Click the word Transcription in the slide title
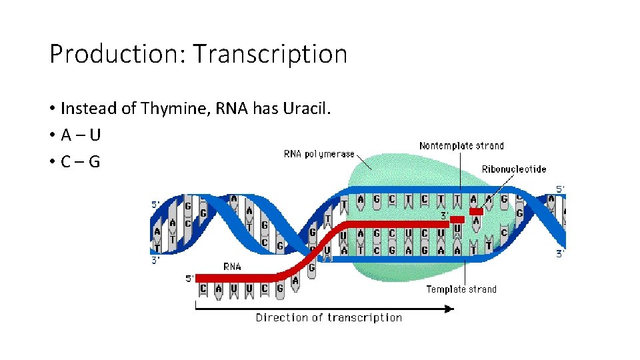[270, 54]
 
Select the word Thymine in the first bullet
[175, 108]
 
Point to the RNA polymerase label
[319, 154]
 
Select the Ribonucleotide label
[514, 169]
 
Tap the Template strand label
[461, 289]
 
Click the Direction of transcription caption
[329, 318]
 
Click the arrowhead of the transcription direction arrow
[449, 308]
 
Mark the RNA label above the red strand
[232, 267]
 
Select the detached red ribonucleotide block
[476, 211]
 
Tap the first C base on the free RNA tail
[203, 289]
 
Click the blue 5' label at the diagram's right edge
[560, 189]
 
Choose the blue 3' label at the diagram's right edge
[560, 253]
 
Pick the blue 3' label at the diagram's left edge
[155, 260]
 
